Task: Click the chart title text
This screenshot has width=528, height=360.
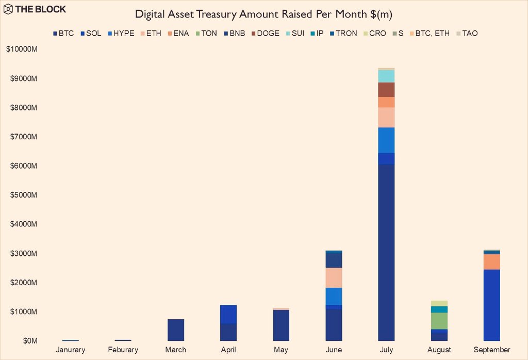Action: click(x=263, y=14)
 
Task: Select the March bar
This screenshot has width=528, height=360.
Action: click(x=176, y=330)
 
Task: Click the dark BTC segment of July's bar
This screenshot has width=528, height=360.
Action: click(x=386, y=253)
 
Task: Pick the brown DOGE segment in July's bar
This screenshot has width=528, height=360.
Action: click(x=386, y=90)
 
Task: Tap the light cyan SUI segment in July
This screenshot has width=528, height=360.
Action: click(x=386, y=76)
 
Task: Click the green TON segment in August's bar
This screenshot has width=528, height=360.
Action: click(x=439, y=321)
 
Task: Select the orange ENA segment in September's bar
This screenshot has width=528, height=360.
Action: click(x=492, y=262)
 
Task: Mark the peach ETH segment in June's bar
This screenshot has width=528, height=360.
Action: click(x=334, y=277)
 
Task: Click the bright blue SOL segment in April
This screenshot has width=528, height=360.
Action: click(x=228, y=314)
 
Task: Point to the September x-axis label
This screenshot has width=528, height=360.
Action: click(x=492, y=350)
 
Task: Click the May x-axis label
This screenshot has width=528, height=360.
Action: click(x=281, y=350)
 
